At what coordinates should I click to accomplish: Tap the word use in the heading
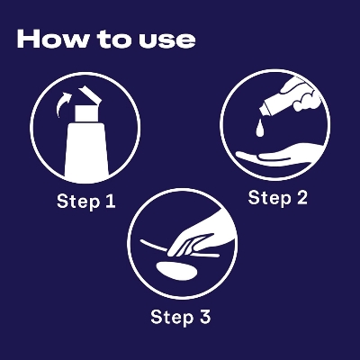(x=167, y=40)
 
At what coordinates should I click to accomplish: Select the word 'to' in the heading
(x=114, y=40)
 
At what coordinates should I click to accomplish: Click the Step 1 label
(x=86, y=202)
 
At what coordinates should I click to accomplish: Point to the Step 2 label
(x=278, y=198)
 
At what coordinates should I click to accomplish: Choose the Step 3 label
(x=181, y=317)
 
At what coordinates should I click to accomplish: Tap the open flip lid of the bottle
(x=88, y=96)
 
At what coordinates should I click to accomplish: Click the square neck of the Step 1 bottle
(x=86, y=113)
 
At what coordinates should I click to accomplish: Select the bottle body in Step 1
(x=86, y=151)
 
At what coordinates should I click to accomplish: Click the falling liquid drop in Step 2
(x=260, y=128)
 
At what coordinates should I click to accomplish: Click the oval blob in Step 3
(x=177, y=271)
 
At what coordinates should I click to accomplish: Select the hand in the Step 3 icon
(x=198, y=237)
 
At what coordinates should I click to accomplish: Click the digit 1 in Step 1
(x=110, y=201)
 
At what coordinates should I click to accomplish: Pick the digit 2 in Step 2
(x=301, y=198)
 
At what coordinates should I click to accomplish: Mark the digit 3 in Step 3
(x=204, y=317)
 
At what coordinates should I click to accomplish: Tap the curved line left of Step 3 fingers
(x=154, y=246)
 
